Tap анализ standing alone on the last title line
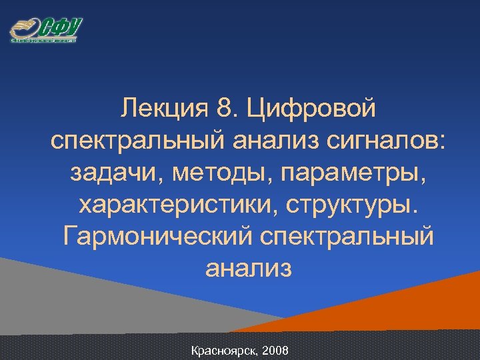pyautogui.click(x=248, y=268)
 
